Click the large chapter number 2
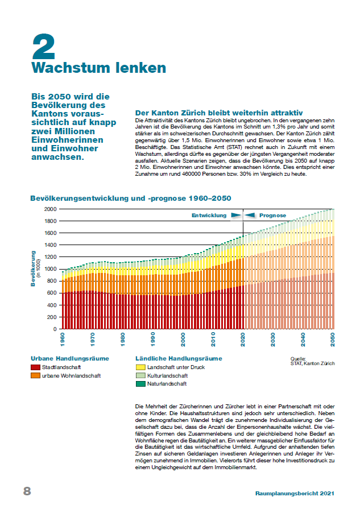click(43, 46)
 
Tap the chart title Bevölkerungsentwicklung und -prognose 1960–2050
click(131, 198)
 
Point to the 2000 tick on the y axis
click(50, 209)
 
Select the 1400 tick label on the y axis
click(50, 245)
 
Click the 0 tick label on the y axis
click(55, 329)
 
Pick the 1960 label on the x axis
click(63, 340)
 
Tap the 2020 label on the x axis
click(243, 340)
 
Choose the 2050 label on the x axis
click(332, 340)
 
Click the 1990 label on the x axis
click(152, 340)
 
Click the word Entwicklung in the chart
click(209, 216)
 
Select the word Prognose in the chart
click(272, 216)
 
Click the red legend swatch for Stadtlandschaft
click(35, 367)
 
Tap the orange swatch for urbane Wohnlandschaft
click(35, 375)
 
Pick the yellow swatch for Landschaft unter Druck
click(140, 367)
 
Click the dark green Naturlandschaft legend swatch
click(140, 384)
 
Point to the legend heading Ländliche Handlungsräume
click(179, 358)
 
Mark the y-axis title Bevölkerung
click(33, 268)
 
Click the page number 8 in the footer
click(27, 491)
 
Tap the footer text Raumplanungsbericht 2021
click(295, 494)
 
